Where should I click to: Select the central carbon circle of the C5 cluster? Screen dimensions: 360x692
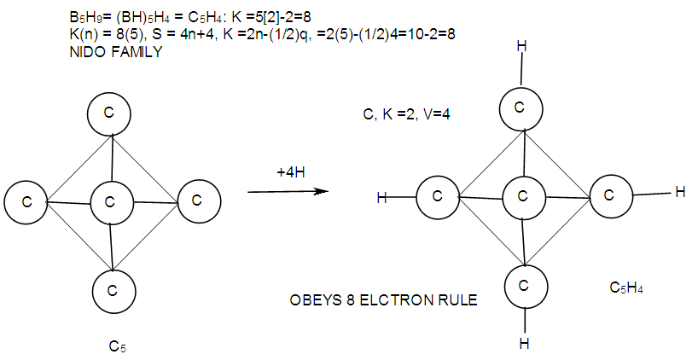110,202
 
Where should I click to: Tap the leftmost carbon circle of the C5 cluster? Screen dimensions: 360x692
26,202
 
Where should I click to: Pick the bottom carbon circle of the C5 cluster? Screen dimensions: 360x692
111,289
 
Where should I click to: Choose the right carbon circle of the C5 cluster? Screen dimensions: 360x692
196,200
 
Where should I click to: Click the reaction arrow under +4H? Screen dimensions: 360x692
288,191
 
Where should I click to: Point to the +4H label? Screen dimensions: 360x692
291,172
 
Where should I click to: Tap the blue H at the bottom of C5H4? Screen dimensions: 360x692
525,344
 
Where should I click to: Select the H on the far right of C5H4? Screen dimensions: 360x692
679,192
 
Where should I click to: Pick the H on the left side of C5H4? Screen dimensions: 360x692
382,198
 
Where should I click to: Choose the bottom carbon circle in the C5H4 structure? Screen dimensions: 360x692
525,284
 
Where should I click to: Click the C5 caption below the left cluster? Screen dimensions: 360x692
118,345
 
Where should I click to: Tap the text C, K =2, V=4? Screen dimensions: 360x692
400,112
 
